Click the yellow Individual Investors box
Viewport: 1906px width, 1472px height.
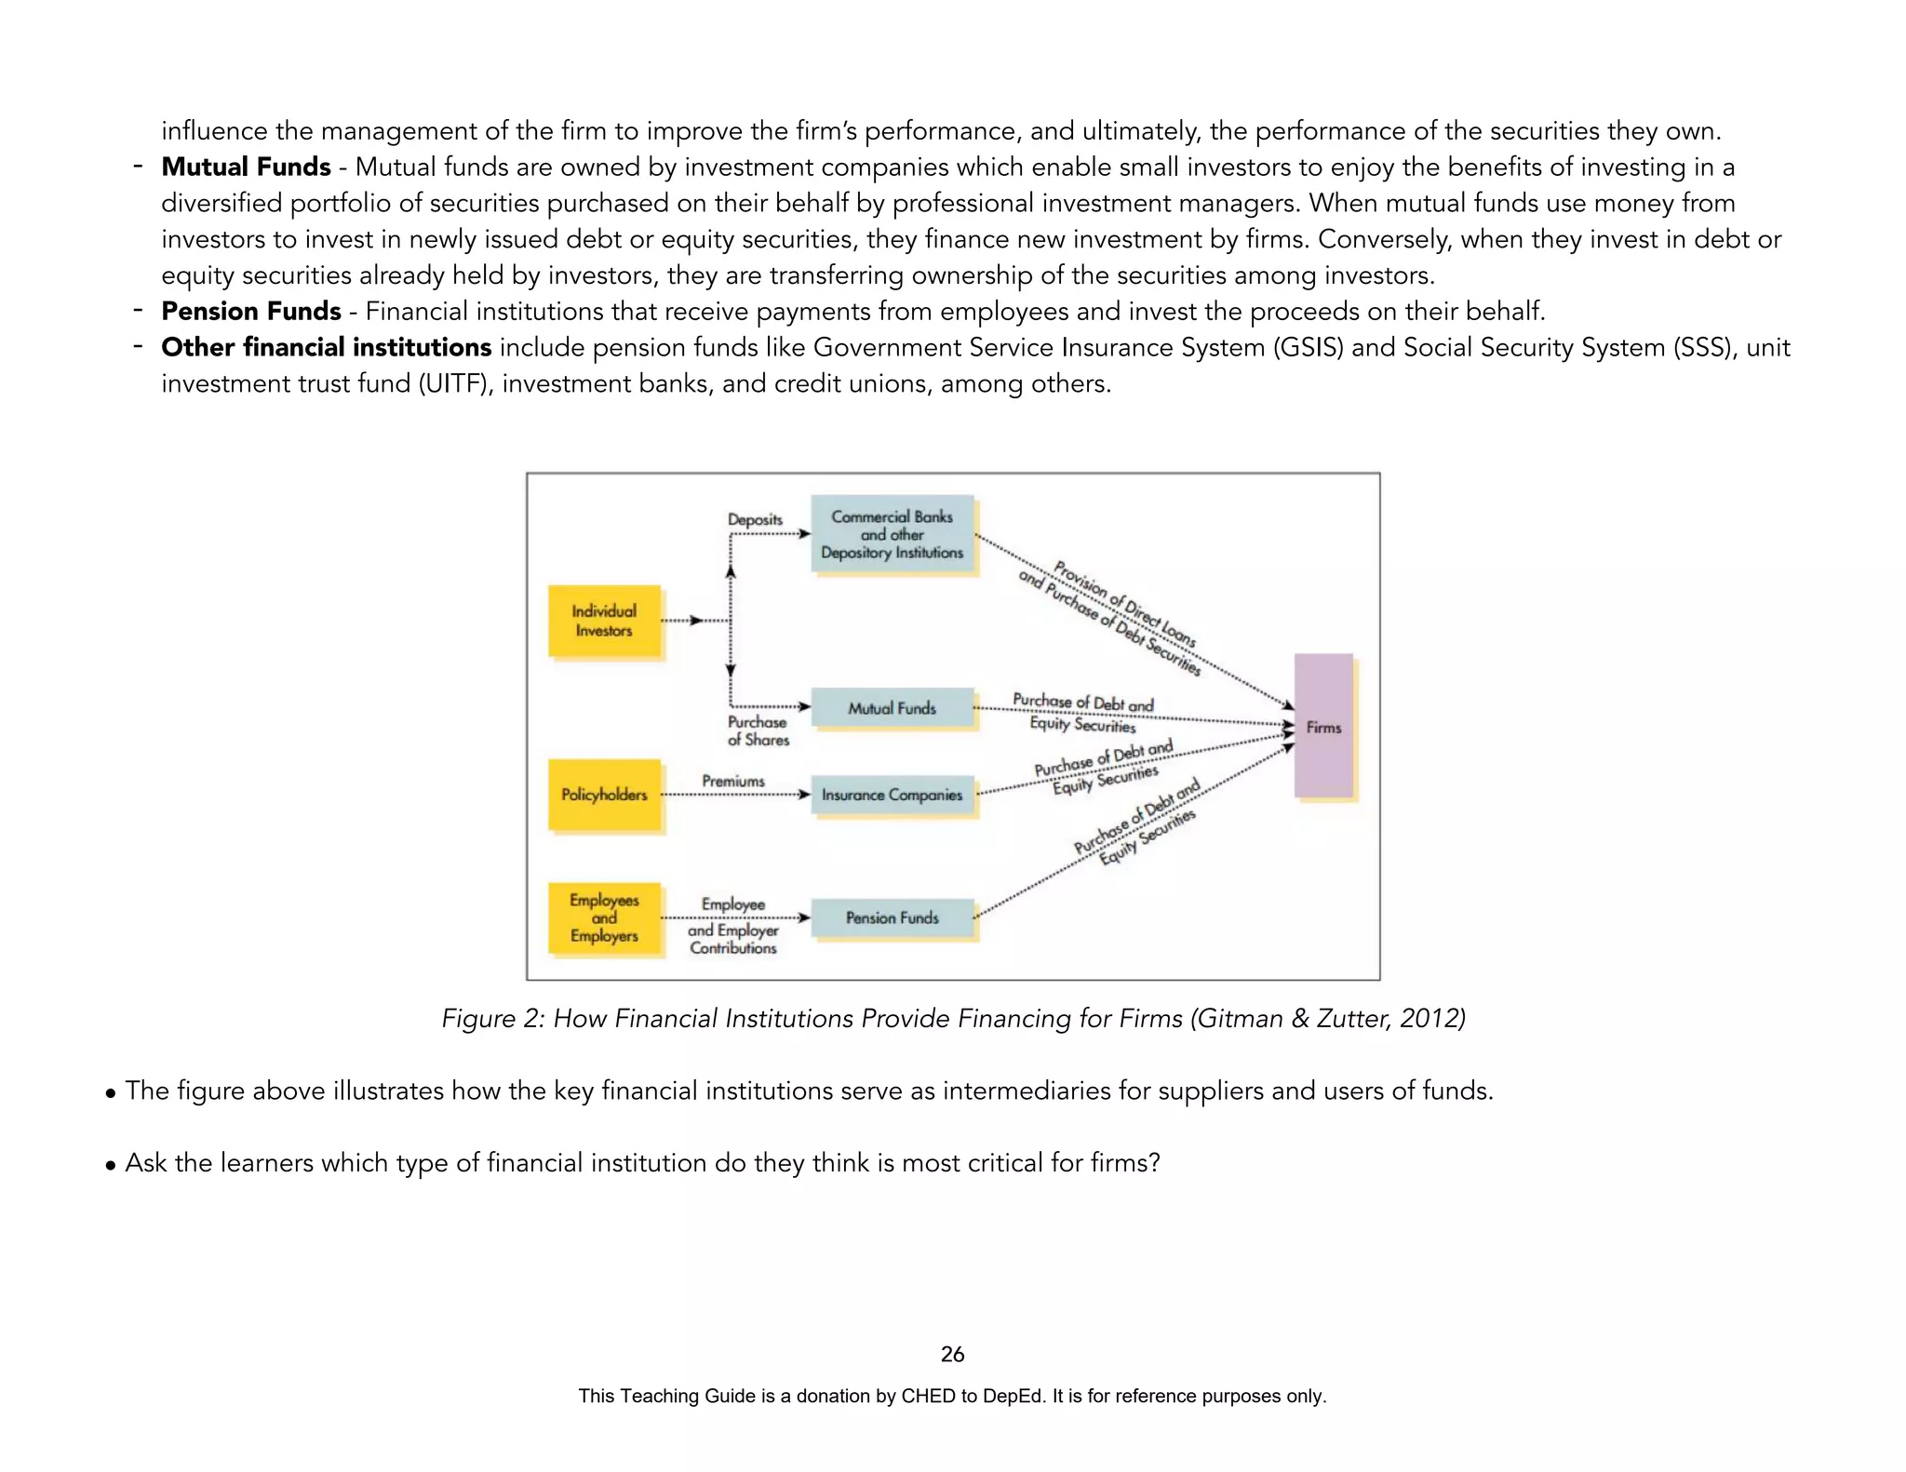point(604,621)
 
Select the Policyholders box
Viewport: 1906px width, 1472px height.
point(604,795)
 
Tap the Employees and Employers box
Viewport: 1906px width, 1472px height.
point(604,917)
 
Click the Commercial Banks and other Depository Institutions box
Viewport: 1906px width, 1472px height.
point(892,534)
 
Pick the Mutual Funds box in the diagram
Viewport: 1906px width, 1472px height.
point(892,708)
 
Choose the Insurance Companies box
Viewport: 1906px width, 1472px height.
point(892,795)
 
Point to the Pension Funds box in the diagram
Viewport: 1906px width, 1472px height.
point(892,917)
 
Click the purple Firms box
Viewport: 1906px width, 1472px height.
point(1323,727)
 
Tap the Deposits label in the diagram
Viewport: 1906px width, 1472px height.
point(755,519)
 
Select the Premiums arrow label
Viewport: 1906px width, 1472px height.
point(733,781)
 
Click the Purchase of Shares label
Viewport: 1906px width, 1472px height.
point(758,730)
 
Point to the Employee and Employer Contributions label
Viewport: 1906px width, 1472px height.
point(733,927)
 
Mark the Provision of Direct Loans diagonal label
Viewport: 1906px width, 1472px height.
point(1124,604)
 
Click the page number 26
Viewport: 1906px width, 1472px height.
point(952,1354)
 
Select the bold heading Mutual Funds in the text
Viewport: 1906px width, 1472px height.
point(246,167)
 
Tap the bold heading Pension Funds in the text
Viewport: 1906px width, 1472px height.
point(251,311)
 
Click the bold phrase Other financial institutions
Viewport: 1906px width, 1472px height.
point(326,347)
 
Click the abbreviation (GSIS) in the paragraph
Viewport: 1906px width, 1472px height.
point(1309,347)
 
